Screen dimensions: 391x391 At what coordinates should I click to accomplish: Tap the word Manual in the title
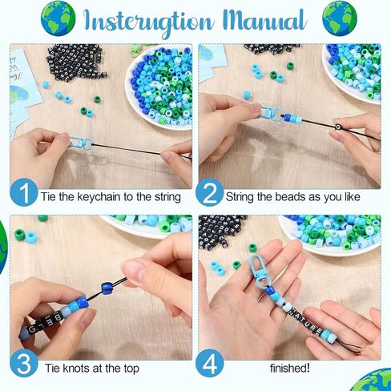click(x=263, y=20)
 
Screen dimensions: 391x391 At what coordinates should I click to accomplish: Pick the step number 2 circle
click(x=212, y=194)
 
